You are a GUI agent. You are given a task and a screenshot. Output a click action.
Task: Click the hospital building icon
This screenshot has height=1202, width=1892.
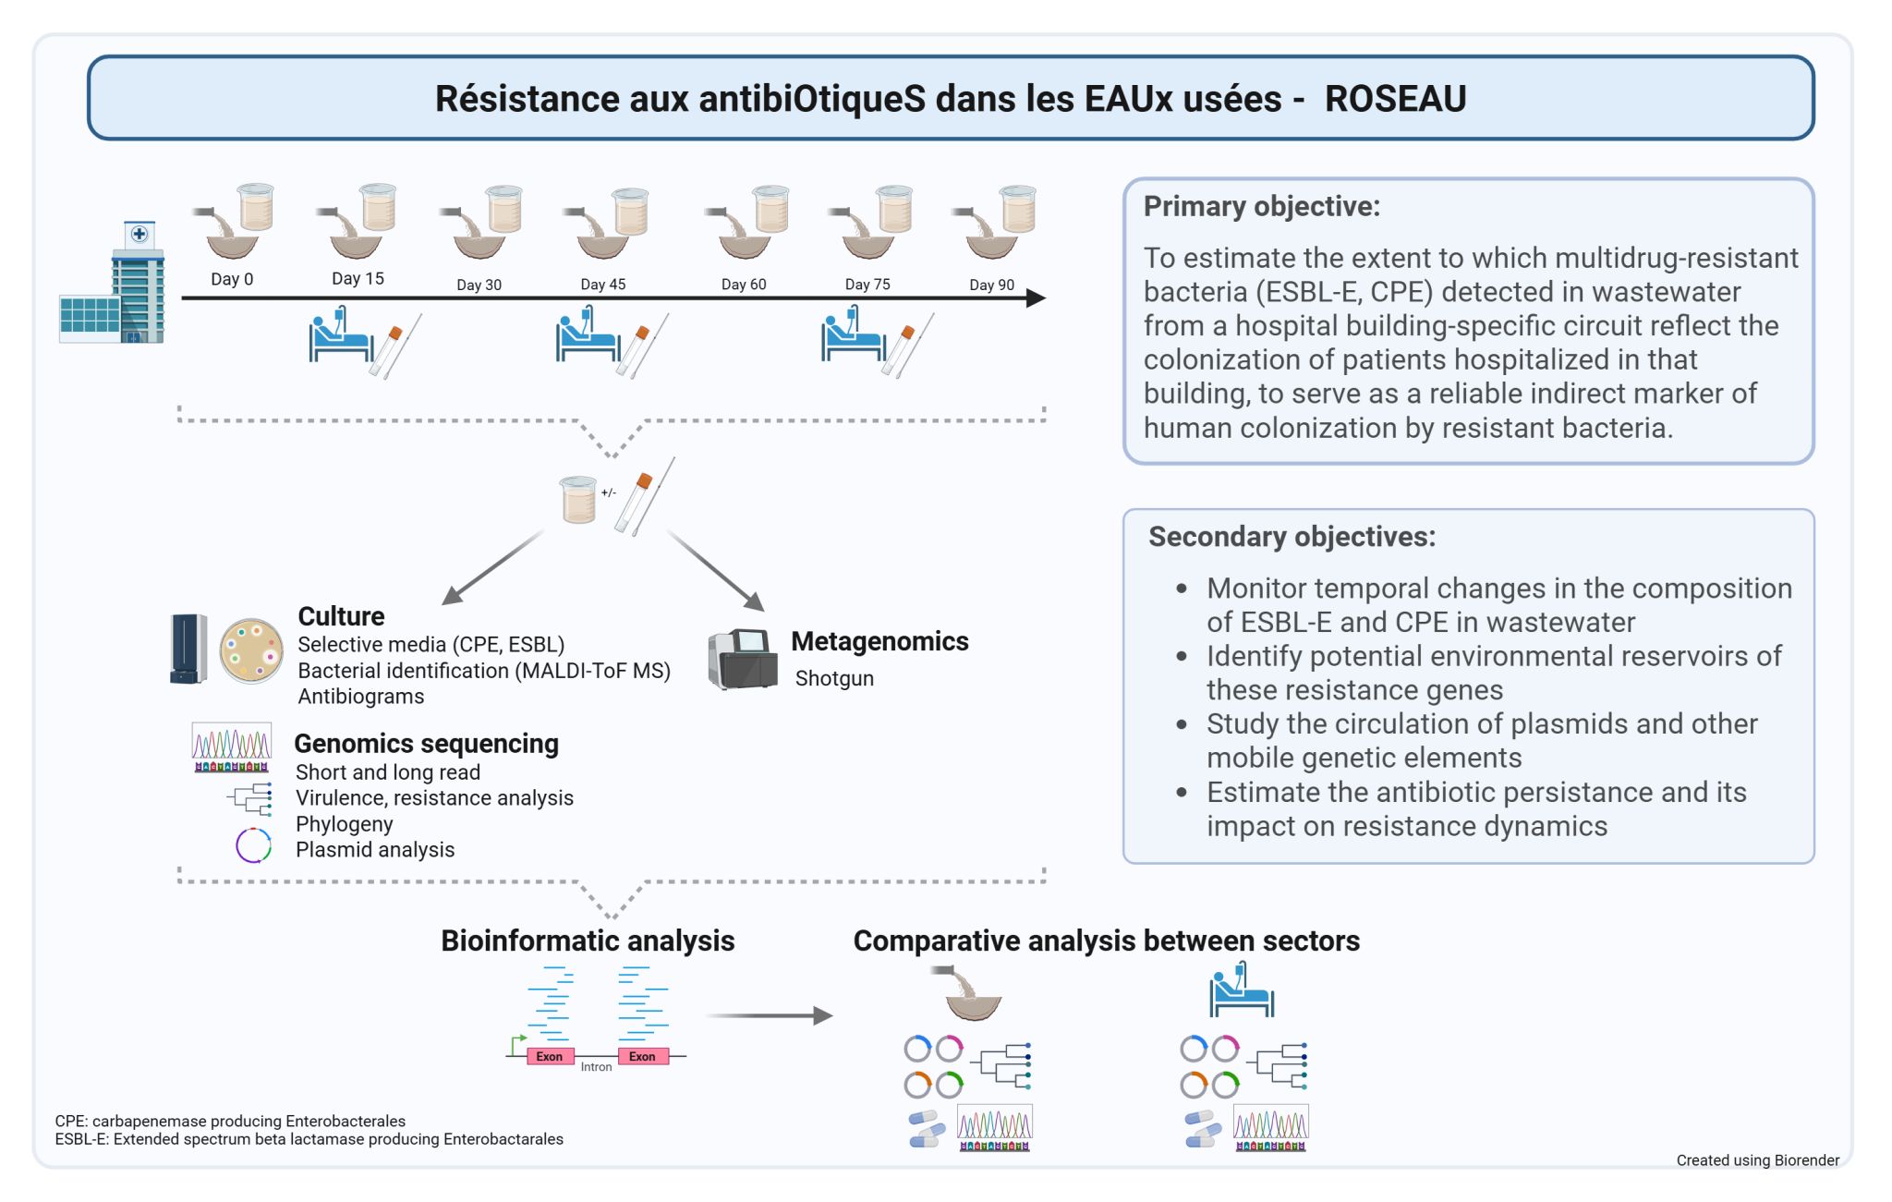pos(114,284)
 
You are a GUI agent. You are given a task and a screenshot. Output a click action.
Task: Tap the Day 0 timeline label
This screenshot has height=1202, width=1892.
pos(232,279)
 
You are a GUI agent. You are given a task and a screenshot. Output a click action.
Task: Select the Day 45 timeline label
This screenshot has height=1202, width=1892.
pos(603,285)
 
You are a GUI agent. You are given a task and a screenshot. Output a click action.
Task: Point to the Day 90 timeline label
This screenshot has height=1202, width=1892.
pos(991,285)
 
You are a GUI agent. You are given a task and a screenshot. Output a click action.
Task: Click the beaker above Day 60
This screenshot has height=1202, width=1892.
pos(770,209)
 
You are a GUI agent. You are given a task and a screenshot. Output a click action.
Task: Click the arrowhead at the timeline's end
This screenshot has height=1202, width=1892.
pos(1037,298)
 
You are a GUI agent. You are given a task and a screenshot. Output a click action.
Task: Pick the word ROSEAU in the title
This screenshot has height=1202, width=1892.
pos(1395,99)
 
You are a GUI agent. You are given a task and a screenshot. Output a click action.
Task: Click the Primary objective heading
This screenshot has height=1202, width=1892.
pos(1262,206)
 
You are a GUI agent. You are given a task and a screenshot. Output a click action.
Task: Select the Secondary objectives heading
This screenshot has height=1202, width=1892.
pos(1292,537)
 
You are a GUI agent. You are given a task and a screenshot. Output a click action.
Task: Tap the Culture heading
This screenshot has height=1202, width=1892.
pos(341,616)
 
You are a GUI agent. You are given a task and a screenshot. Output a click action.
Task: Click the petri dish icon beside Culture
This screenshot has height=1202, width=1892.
pos(251,650)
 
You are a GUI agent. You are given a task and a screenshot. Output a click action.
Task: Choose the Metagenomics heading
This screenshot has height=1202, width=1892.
pos(879,641)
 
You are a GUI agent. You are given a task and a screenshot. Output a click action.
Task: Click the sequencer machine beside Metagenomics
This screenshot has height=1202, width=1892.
pos(743,658)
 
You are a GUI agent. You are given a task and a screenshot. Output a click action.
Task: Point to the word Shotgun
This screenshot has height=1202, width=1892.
pos(834,678)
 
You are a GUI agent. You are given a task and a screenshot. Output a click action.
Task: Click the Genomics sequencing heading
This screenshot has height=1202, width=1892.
pos(426,744)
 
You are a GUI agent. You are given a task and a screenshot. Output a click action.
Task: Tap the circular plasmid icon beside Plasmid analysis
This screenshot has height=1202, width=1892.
pos(253,845)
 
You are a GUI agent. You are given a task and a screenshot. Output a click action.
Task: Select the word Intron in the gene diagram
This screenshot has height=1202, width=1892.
pos(596,1067)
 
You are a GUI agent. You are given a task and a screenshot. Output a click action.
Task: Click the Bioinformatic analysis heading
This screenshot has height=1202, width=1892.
pos(588,941)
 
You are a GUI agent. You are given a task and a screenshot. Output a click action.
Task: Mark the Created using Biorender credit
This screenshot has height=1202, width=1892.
pos(1757,1160)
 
